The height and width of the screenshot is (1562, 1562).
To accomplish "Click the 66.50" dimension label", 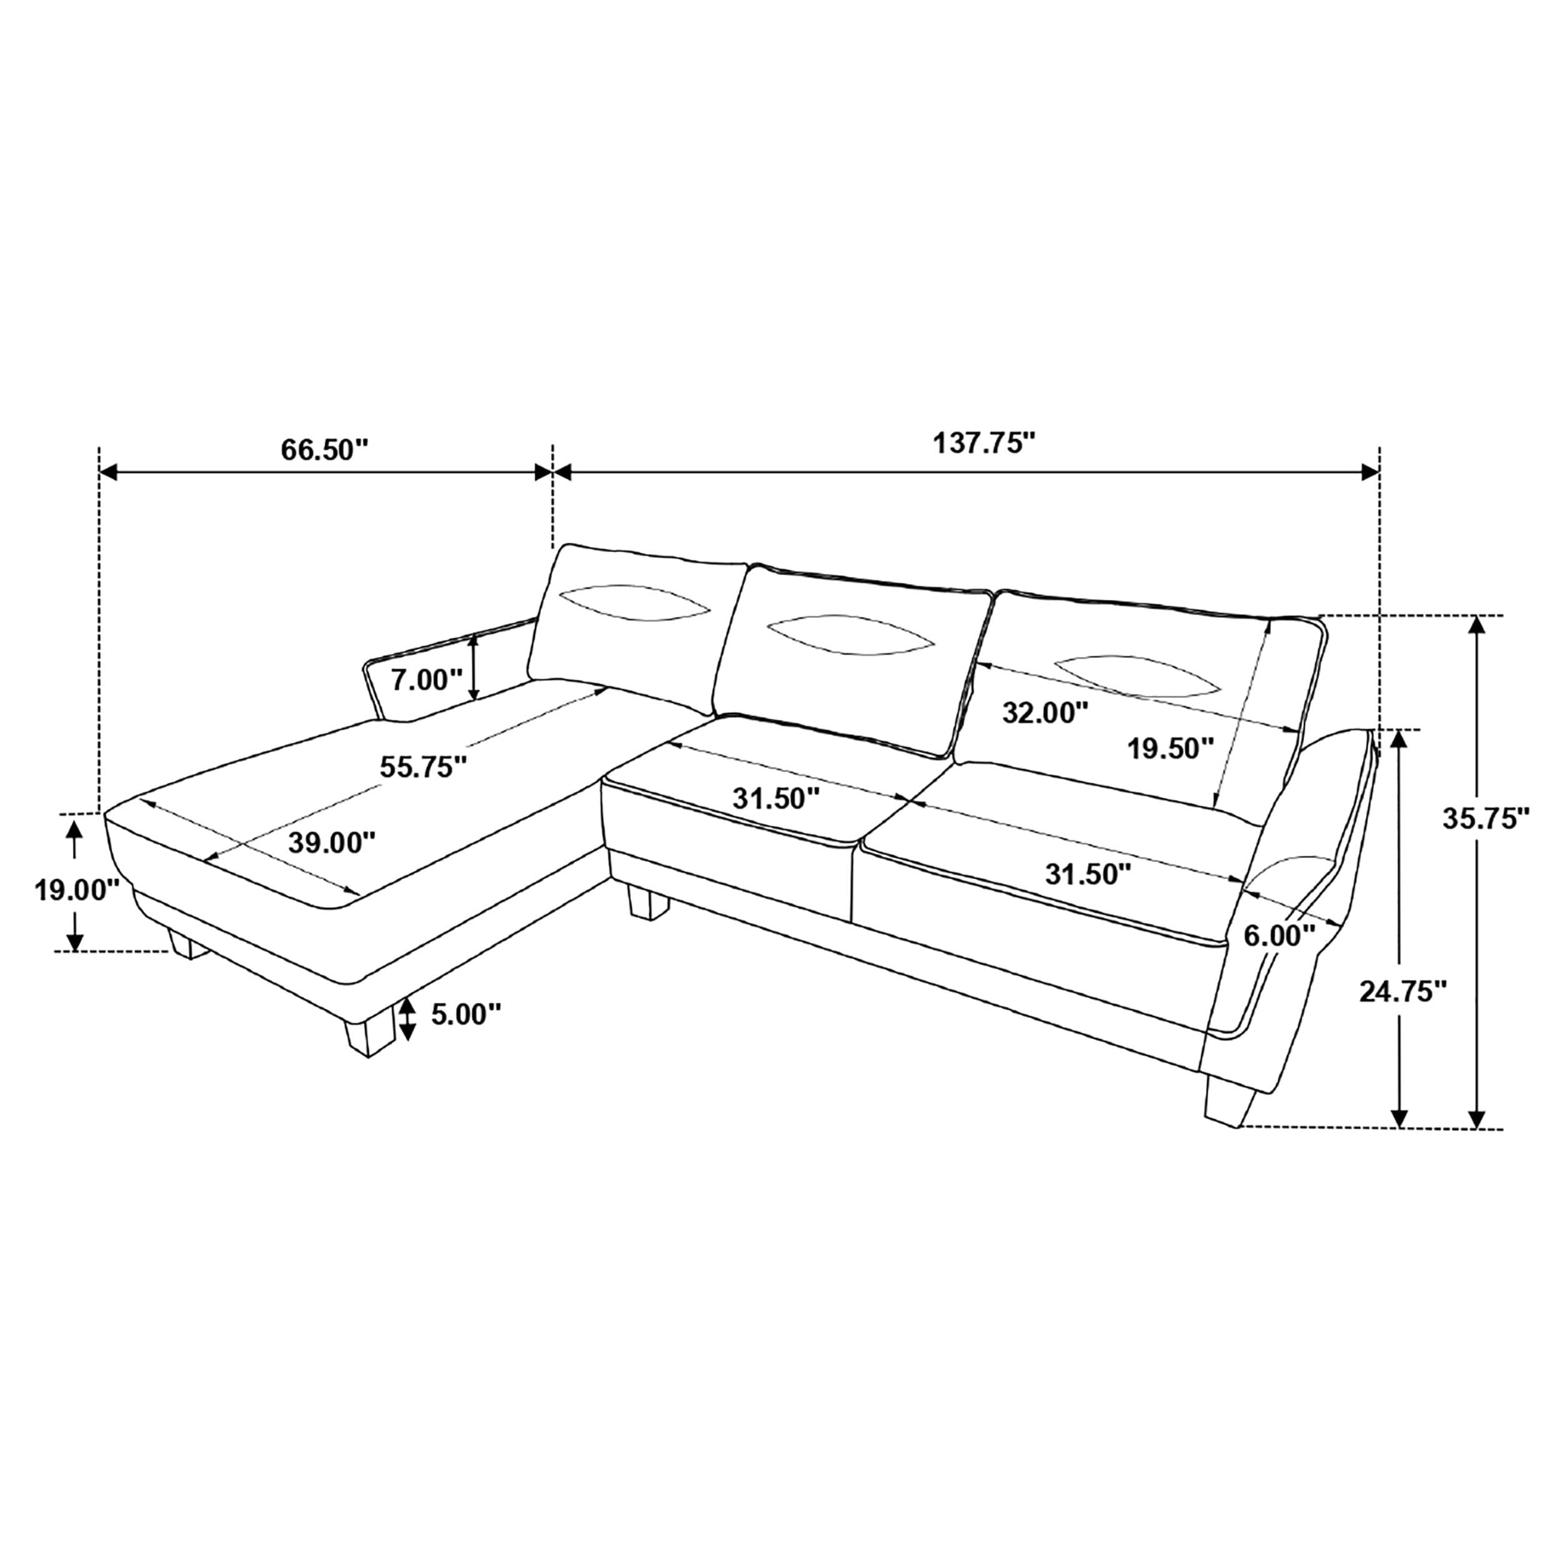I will coord(324,449).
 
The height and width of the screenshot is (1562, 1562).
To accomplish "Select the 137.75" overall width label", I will coord(984,443).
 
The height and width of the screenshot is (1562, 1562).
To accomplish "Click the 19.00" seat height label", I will coord(77,890).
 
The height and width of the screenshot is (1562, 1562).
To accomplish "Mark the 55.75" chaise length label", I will coord(424,767).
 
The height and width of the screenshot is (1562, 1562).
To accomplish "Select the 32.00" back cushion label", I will coord(1045,712).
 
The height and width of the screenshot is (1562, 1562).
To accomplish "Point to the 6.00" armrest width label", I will coord(1279,935).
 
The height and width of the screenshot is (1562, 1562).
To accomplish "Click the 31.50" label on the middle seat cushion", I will coord(776,798).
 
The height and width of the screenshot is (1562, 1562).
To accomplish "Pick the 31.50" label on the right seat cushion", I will coord(1087,873).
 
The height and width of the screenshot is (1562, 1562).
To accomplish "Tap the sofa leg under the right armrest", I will coord(1230,1100).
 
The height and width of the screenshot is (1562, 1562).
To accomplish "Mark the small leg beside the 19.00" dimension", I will coord(189,944).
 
